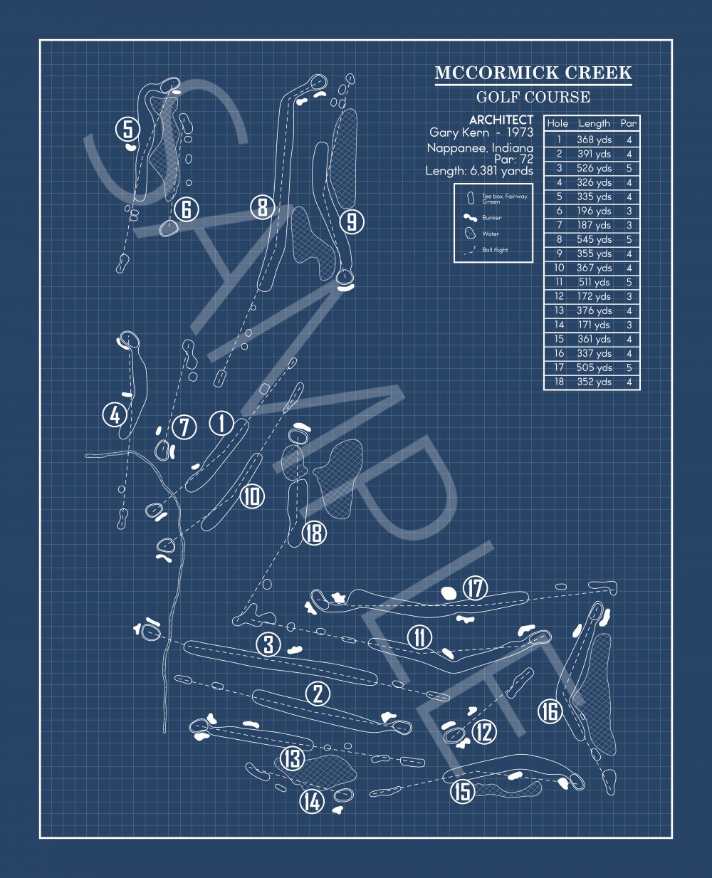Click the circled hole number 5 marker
(127, 130)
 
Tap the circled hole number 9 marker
(352, 222)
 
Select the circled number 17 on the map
(475, 589)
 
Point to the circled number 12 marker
(484, 731)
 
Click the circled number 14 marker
(312, 801)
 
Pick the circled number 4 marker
(115, 414)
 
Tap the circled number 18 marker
(314, 533)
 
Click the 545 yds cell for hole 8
(594, 239)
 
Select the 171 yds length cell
(594, 325)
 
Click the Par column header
(629, 123)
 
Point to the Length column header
(594, 123)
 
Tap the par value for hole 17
(629, 367)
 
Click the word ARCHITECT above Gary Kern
(501, 120)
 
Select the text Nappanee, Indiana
(480, 148)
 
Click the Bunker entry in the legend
(491, 218)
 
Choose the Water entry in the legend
(491, 234)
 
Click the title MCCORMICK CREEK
(533, 73)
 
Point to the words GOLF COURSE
(533, 98)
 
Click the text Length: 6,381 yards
(479, 171)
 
